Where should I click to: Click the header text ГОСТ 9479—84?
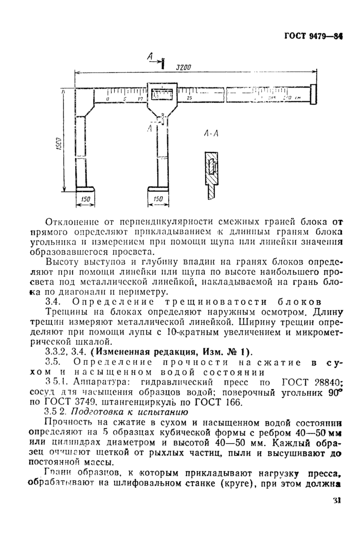tap(313, 37)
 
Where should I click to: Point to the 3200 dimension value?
tap(184, 67)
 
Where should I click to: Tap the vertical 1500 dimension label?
tap(58, 146)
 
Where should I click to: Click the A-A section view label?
tap(211, 134)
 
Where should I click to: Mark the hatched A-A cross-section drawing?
tap(211, 172)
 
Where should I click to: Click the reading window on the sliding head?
tap(163, 95)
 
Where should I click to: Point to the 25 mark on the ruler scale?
tap(190, 98)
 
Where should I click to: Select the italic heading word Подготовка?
tap(95, 412)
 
